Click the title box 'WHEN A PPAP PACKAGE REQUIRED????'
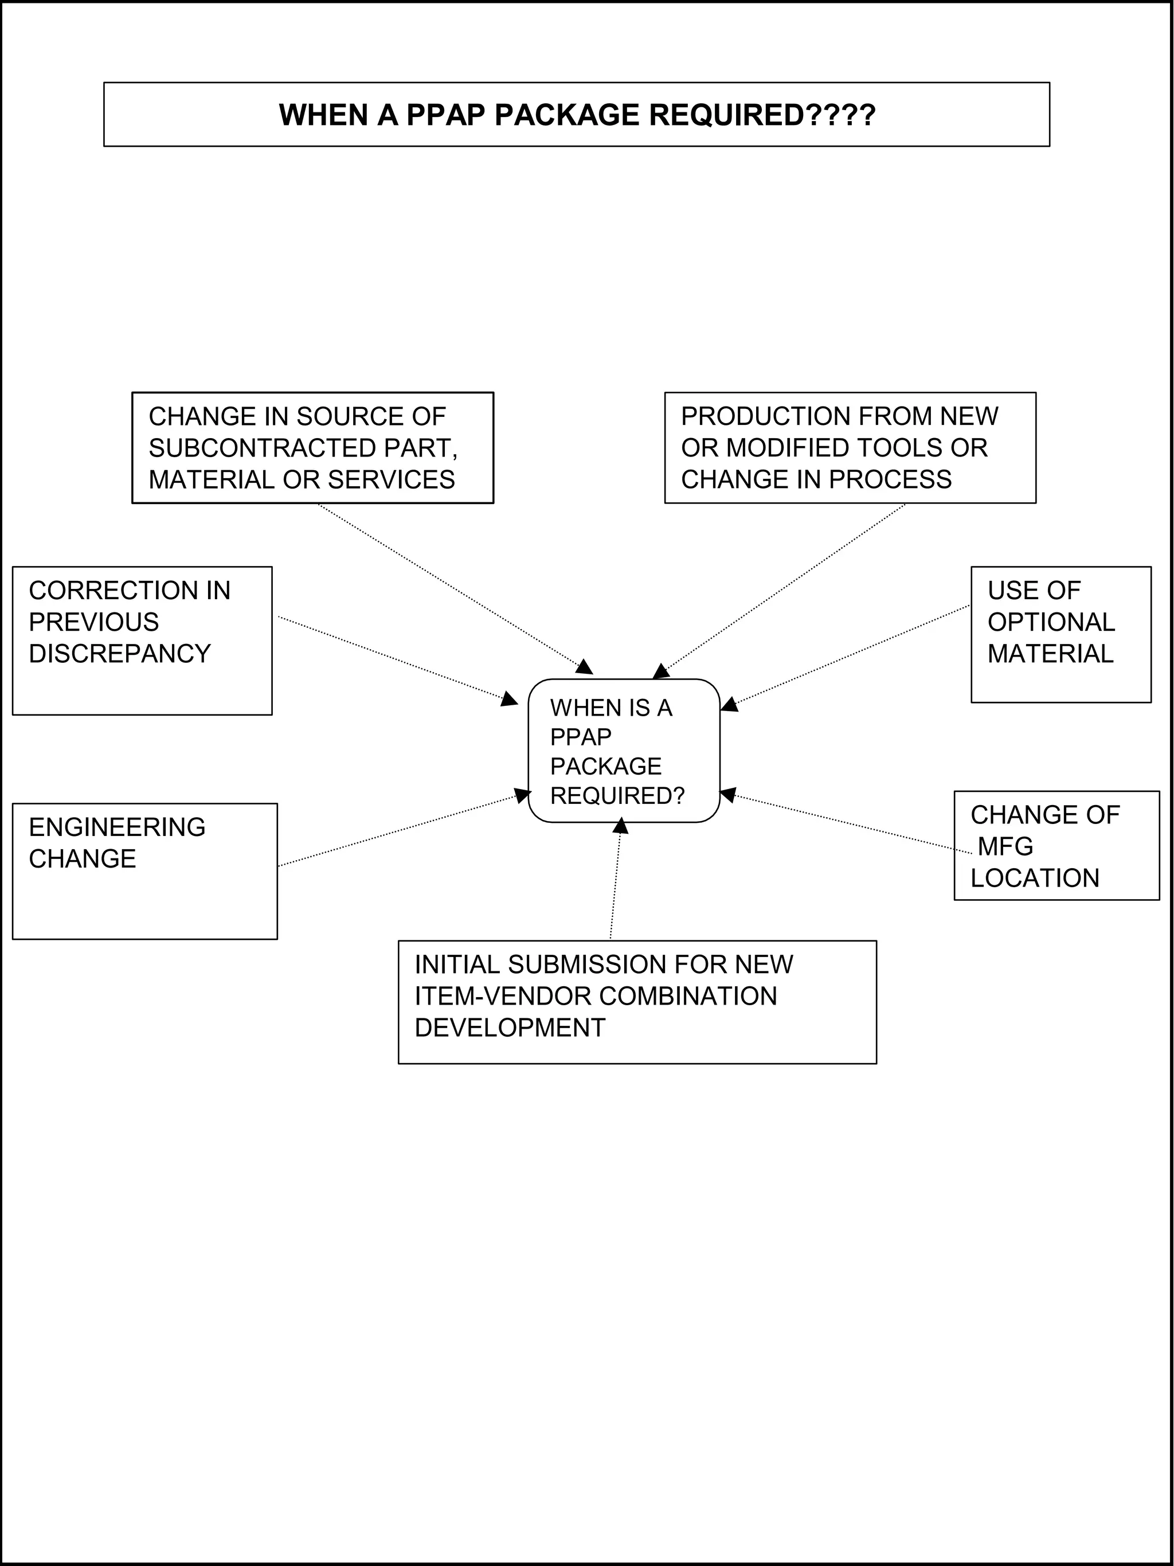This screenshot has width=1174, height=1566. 576,115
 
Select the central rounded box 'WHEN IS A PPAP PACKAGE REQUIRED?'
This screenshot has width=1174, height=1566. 624,751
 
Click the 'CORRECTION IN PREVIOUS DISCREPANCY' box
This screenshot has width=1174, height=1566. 142,641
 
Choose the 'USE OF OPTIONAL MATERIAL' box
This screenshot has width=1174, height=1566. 1060,634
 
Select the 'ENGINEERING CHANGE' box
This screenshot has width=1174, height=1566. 144,872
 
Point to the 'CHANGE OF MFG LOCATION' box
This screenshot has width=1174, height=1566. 1056,846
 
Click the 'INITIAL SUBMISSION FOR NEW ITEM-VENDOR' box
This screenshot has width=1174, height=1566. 637,1002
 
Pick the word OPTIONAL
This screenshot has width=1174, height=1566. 1051,622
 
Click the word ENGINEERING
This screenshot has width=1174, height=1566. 117,827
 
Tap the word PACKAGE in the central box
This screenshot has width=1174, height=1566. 606,766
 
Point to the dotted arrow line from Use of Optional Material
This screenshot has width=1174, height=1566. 849,655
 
